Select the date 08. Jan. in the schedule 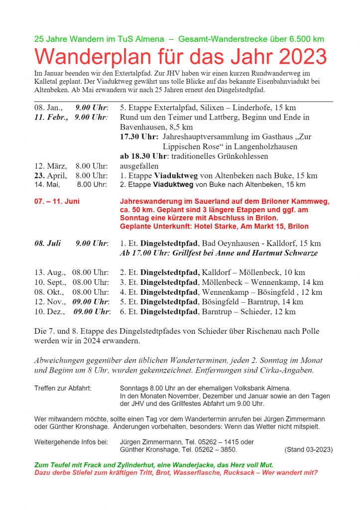(x=48, y=108)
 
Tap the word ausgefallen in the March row (x=139, y=166)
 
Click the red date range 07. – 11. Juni (x=57, y=202)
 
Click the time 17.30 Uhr (x=139, y=137)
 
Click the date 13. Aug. (x=50, y=272)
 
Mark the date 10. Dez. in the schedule (x=49, y=312)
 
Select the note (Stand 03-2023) (x=309, y=450)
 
